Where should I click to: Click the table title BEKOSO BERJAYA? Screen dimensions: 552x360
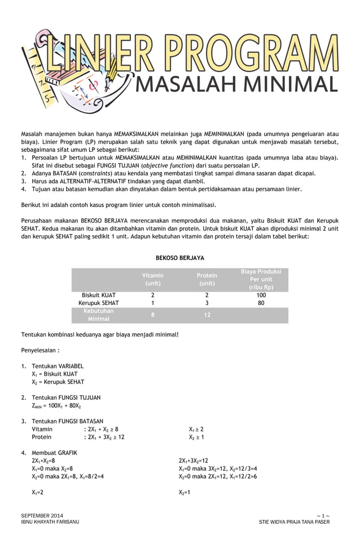(180, 258)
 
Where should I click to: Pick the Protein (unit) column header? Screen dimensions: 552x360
(207, 279)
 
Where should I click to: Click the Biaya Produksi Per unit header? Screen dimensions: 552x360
(261, 279)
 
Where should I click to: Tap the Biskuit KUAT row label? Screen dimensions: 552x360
(99, 295)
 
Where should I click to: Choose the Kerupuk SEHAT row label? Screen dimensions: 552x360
(99, 303)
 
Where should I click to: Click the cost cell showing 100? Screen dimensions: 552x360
(261, 295)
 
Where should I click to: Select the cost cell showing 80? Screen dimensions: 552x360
(261, 303)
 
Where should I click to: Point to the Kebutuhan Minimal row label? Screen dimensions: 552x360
(99, 315)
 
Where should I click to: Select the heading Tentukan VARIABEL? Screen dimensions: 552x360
(58, 366)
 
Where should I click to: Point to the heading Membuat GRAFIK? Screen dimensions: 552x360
(54, 453)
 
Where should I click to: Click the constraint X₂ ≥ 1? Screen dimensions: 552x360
(196, 437)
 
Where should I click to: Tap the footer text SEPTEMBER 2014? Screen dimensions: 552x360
(42, 516)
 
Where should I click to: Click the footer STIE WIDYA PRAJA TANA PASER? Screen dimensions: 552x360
(294, 522)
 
